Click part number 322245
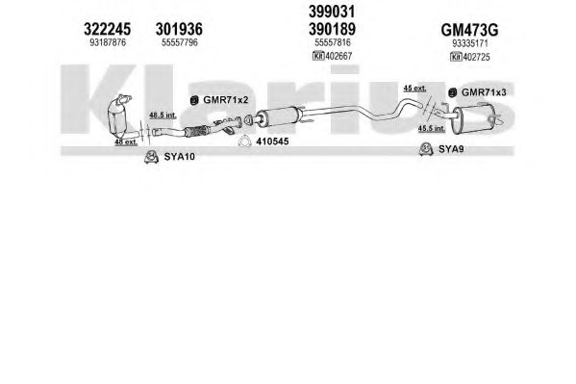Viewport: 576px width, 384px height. (x=108, y=29)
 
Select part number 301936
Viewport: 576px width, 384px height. (x=179, y=29)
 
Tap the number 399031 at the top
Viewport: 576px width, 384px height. (x=332, y=12)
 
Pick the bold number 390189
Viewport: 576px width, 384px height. (x=332, y=29)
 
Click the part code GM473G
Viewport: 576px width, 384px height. (x=469, y=30)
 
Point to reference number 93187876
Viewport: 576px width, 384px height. (x=108, y=42)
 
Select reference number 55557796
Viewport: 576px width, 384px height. (x=180, y=42)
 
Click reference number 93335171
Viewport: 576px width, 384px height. (x=470, y=43)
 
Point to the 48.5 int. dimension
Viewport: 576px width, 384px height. (x=163, y=115)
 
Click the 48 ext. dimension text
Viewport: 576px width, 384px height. (x=126, y=141)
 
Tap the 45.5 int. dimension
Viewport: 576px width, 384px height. (x=432, y=128)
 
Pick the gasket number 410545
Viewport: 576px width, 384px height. (x=272, y=141)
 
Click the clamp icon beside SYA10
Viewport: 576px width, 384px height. (x=151, y=157)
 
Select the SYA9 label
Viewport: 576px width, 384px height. (x=451, y=149)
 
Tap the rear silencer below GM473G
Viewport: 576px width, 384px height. (x=474, y=118)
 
